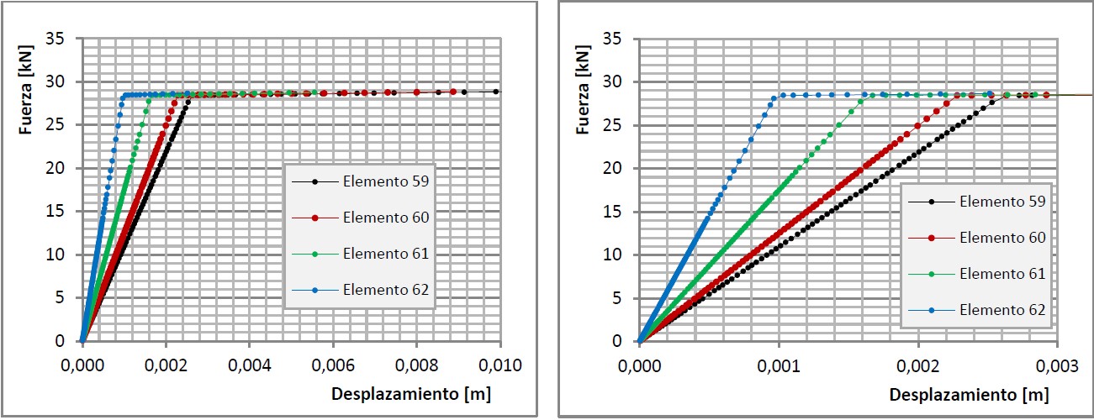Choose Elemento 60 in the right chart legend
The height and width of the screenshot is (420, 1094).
pos(1002,238)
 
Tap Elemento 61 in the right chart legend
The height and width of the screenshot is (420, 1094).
pos(1002,274)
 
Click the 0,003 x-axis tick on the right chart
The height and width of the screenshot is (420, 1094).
pos(1057,365)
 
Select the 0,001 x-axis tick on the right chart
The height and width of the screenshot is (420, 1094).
pos(778,365)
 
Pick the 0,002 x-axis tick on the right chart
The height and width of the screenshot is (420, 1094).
pos(917,365)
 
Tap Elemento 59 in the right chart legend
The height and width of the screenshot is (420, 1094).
pos(1002,202)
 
